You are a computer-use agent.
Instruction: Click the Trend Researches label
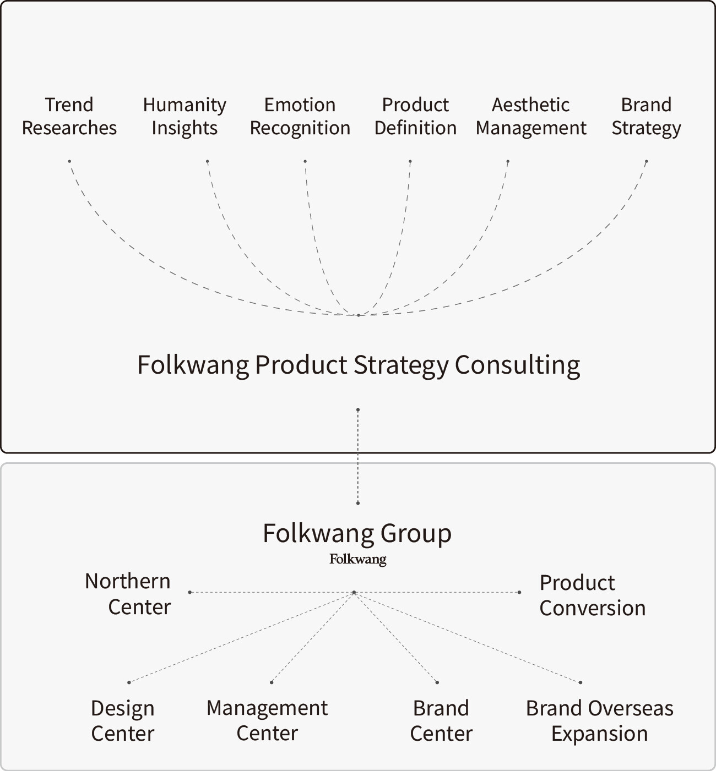69,116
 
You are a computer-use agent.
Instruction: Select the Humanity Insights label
185,116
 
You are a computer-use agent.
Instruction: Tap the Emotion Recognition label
300,116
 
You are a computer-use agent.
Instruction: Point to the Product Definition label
415,116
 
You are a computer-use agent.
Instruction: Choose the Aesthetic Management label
531,116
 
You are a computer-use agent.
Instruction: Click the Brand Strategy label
646,116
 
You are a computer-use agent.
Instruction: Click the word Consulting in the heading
517,365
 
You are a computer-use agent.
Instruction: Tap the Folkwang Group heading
357,533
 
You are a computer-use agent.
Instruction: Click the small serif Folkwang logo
358,559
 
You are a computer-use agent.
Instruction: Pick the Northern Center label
128,594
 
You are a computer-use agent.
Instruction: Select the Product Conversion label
592,595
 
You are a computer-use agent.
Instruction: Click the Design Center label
122,720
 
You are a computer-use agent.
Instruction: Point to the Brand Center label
441,720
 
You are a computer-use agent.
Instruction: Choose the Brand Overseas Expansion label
599,720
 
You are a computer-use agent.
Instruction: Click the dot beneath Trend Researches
69,161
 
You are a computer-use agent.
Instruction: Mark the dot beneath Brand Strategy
646,162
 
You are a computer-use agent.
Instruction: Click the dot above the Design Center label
129,682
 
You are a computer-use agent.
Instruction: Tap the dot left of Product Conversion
519,592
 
